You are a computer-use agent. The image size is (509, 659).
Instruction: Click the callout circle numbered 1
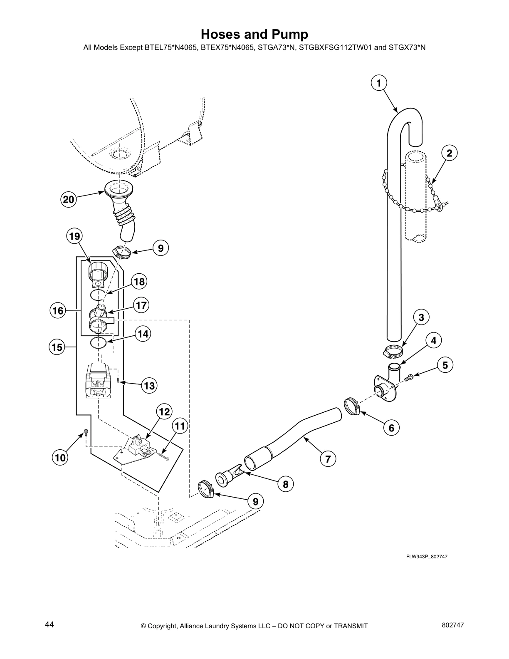click(x=378, y=83)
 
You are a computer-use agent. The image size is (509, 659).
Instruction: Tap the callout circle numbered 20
click(x=68, y=200)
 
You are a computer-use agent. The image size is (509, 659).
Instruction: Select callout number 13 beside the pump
click(x=149, y=386)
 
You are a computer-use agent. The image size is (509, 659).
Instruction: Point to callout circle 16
click(x=58, y=310)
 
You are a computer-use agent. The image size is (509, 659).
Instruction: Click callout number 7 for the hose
click(x=328, y=459)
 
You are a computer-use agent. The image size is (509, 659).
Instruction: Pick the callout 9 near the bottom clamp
click(x=255, y=501)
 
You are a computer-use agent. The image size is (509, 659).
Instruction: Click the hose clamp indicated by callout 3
click(x=393, y=352)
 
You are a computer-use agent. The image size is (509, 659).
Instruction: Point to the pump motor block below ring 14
click(x=98, y=381)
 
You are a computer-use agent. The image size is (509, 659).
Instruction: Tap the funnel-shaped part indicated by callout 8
click(x=227, y=476)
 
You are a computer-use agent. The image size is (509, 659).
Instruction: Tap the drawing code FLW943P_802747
click(x=427, y=557)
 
